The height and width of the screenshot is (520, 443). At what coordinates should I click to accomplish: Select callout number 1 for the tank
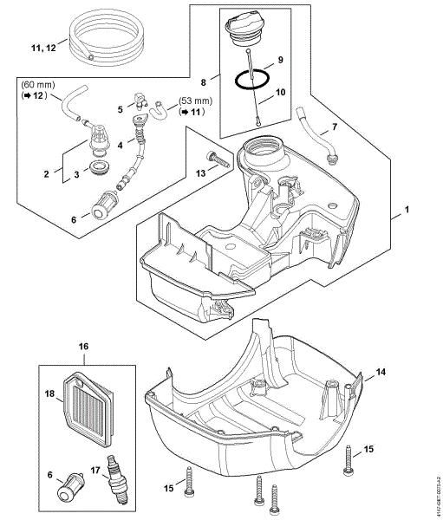click(405, 211)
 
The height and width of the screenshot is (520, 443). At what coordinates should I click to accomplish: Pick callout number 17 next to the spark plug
click(95, 471)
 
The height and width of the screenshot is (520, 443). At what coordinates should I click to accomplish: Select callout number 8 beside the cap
click(205, 83)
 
